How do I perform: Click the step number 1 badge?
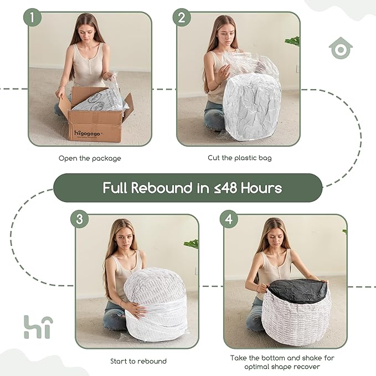32,17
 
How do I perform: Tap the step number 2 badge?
182,17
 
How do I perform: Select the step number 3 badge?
79,219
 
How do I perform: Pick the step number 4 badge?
229,219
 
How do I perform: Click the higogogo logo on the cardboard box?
87,133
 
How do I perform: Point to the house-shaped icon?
341,48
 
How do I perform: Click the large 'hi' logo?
38,327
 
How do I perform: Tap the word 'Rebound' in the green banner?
162,188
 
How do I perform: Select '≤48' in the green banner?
225,188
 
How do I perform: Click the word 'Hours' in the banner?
261,188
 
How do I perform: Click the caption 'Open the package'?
90,158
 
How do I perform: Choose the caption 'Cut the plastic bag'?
240,158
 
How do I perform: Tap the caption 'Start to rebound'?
138,361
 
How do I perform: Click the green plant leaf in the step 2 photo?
292,41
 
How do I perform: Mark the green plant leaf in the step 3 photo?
192,244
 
